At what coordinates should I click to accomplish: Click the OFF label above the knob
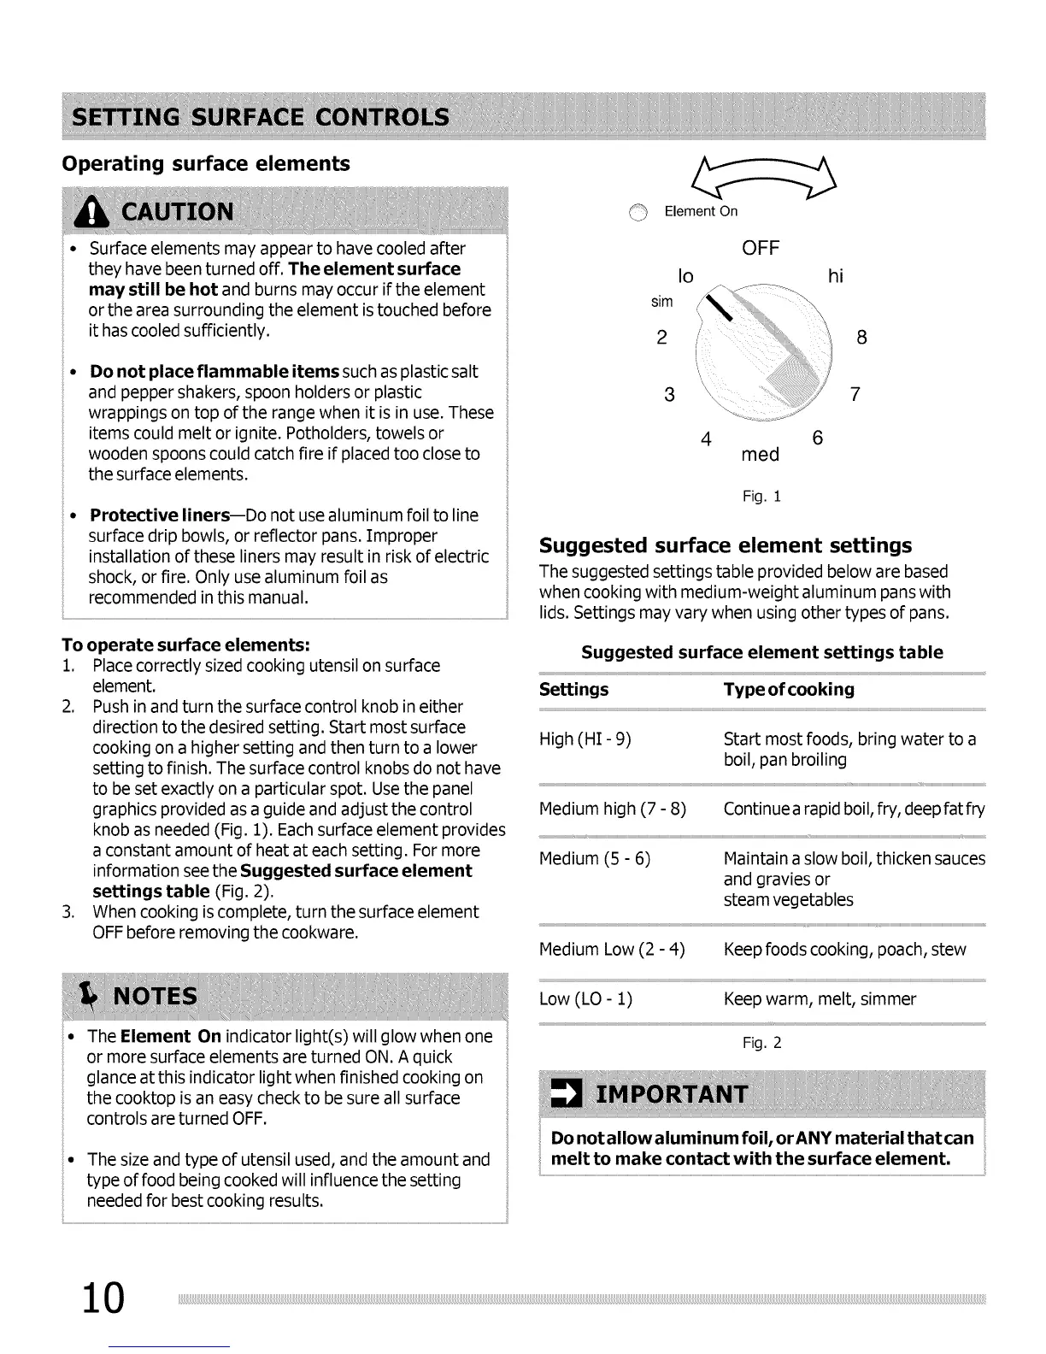[760, 249]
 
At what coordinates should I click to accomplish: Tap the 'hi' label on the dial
[835, 276]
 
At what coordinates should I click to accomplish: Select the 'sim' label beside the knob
[662, 302]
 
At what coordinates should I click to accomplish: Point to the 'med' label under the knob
[760, 455]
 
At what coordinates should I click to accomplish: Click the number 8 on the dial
[861, 338]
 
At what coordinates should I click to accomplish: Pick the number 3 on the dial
[670, 395]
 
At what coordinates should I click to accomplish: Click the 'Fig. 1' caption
[762, 497]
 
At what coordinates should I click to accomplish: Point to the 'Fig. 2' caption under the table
[762, 1043]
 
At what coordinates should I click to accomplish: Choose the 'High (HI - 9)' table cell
[585, 739]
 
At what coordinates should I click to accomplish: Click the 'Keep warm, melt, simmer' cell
[820, 999]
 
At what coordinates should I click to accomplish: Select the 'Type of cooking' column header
[789, 690]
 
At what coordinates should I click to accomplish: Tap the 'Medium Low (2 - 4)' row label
[612, 950]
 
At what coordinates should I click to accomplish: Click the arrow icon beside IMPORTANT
[564, 1095]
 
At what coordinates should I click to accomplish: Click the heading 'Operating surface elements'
[206, 163]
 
